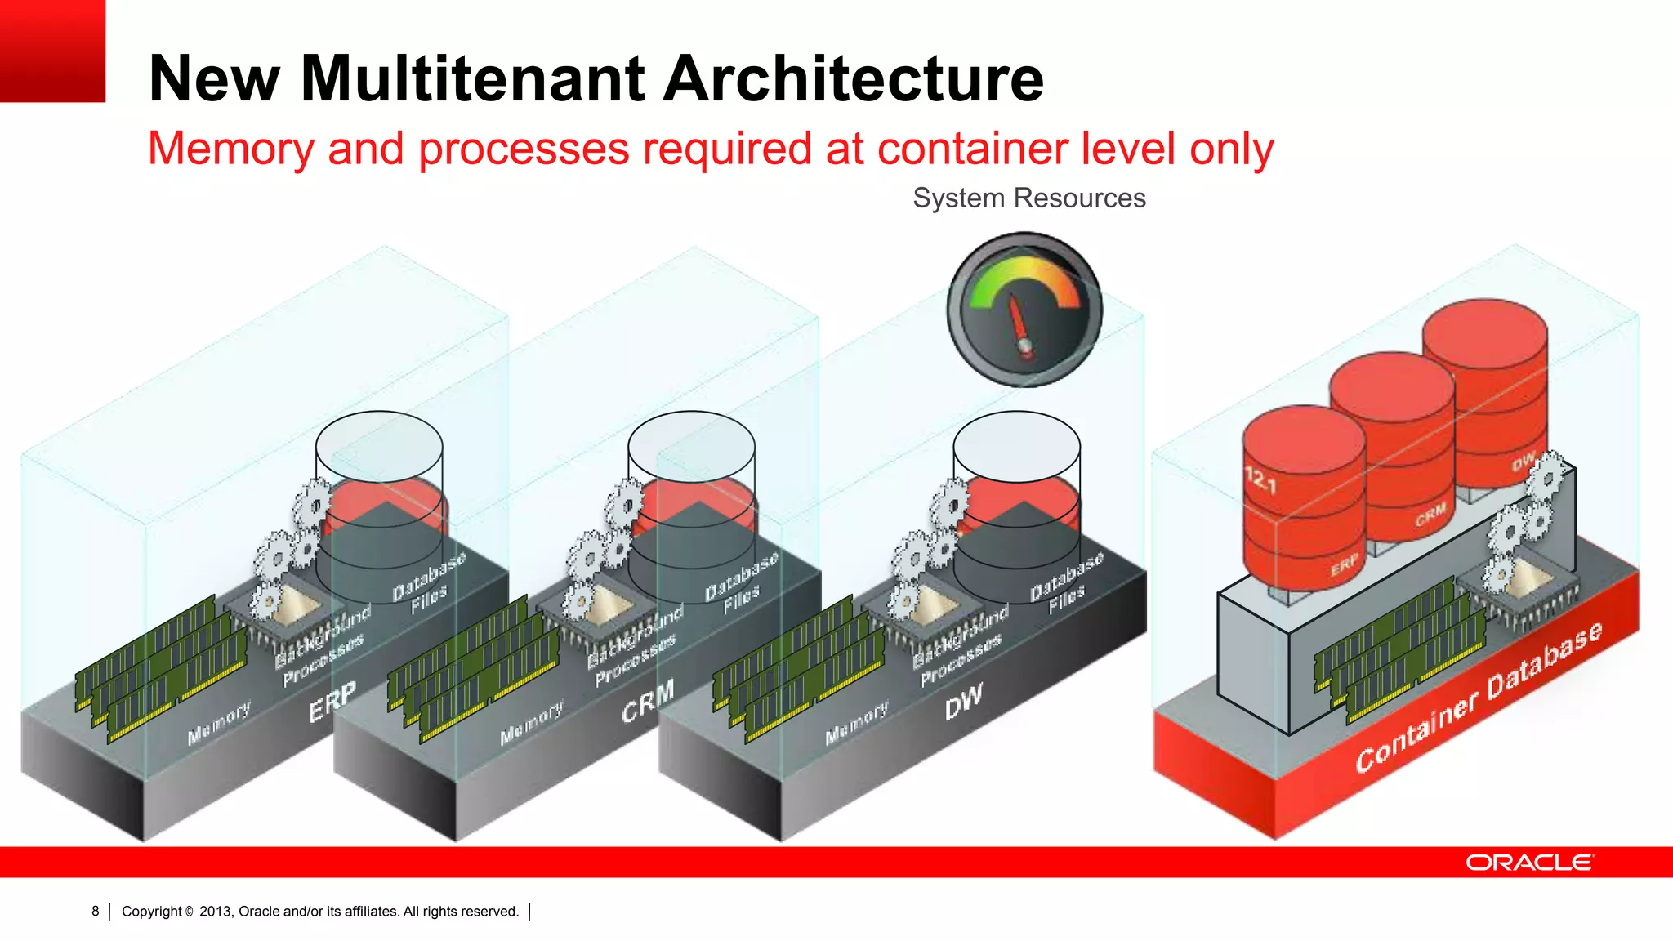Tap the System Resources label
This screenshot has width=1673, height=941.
1028,198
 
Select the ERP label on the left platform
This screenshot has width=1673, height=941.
332,702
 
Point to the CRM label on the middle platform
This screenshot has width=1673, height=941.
648,700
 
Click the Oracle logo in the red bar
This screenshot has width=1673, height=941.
1528,863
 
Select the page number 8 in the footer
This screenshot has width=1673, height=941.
96,911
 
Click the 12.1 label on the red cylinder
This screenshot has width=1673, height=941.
1260,479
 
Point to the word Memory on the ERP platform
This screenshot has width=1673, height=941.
219,724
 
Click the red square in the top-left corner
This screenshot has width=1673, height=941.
52,51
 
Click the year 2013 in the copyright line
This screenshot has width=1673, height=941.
215,912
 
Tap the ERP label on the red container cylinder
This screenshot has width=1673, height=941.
1344,564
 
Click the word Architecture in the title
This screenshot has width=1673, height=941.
853,78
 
